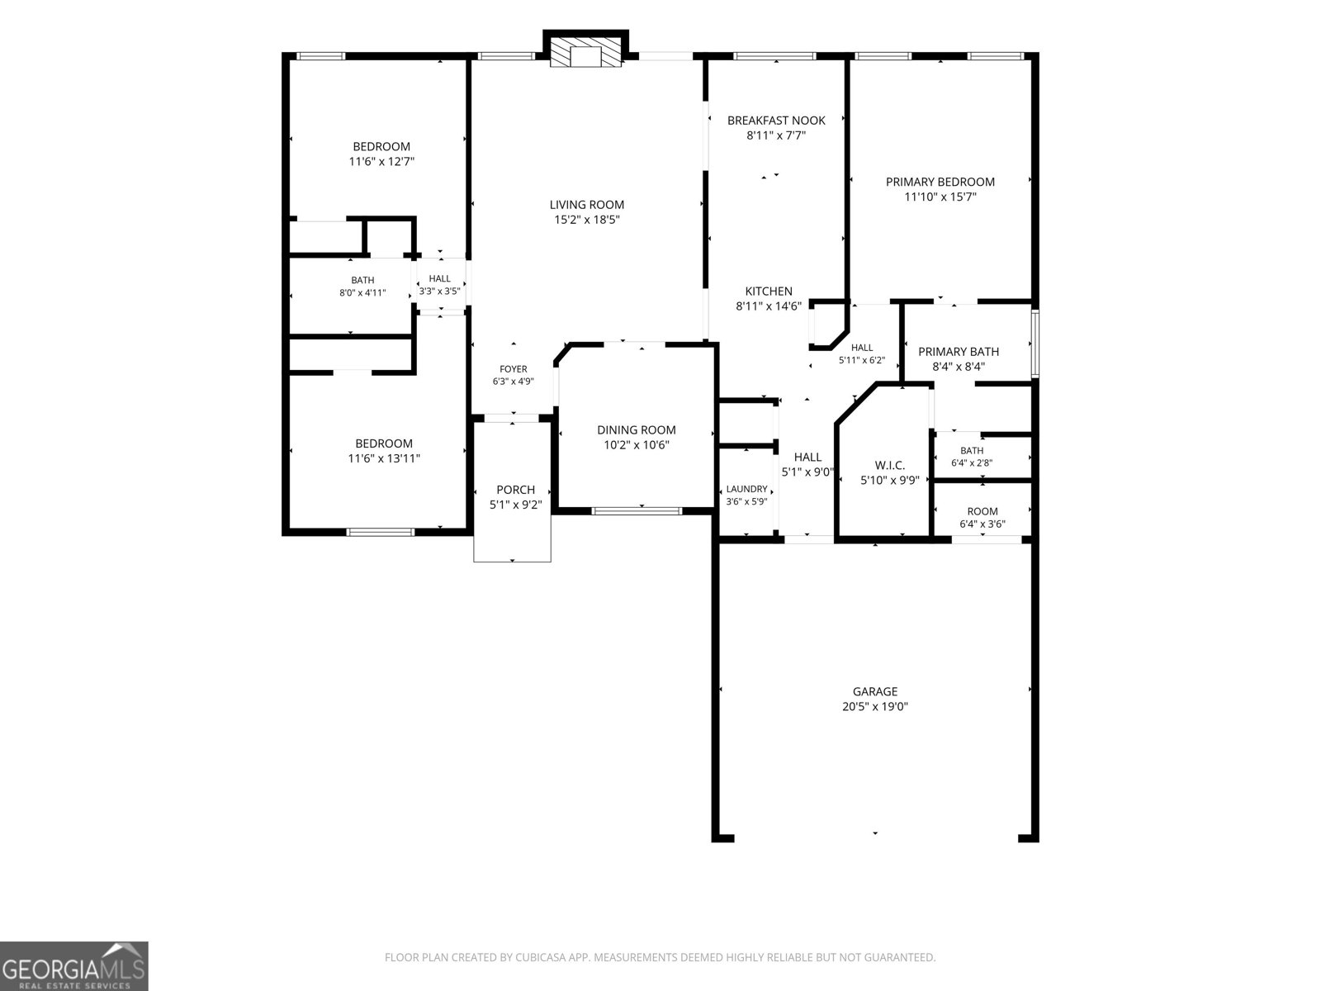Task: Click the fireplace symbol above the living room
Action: pyautogui.click(x=585, y=54)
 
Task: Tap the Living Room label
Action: pyautogui.click(x=587, y=205)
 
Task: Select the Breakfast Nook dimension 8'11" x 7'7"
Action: pyautogui.click(x=776, y=135)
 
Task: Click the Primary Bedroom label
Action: pyautogui.click(x=940, y=182)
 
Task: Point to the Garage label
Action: pyautogui.click(x=875, y=691)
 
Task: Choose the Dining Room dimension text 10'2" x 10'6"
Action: pyautogui.click(x=636, y=444)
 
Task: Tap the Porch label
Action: pyautogui.click(x=516, y=490)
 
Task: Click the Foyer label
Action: pyautogui.click(x=514, y=369)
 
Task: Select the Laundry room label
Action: pyautogui.click(x=747, y=489)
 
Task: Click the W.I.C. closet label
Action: pyautogui.click(x=889, y=465)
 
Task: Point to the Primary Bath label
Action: pyautogui.click(x=959, y=352)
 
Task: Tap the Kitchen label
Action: pyautogui.click(x=769, y=292)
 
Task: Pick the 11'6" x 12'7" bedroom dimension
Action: pyautogui.click(x=381, y=161)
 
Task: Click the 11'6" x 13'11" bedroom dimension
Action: pyautogui.click(x=384, y=458)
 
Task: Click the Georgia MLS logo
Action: pyautogui.click(x=74, y=965)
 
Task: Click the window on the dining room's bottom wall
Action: pyautogui.click(x=637, y=511)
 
